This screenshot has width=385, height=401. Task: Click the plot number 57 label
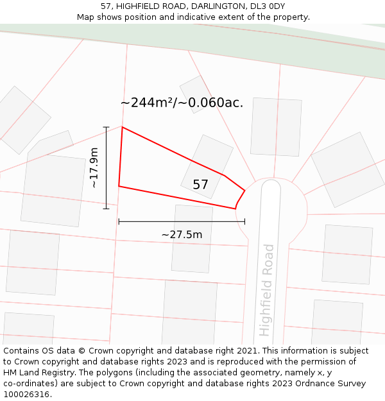[201, 185]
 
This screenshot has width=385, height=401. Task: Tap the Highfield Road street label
[266, 290]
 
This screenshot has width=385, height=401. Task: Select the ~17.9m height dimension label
[94, 167]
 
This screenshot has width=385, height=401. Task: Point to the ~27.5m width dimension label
[182, 235]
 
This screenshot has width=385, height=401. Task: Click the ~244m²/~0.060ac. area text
[182, 103]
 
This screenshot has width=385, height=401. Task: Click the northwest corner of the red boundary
[123, 127]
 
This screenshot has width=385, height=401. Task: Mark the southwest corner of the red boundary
[119, 186]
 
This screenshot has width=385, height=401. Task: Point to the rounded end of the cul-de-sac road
[271, 185]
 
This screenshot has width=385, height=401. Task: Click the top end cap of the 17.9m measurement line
[107, 127]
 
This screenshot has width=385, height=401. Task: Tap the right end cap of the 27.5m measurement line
[244, 221]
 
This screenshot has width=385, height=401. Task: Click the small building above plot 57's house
[196, 94]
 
